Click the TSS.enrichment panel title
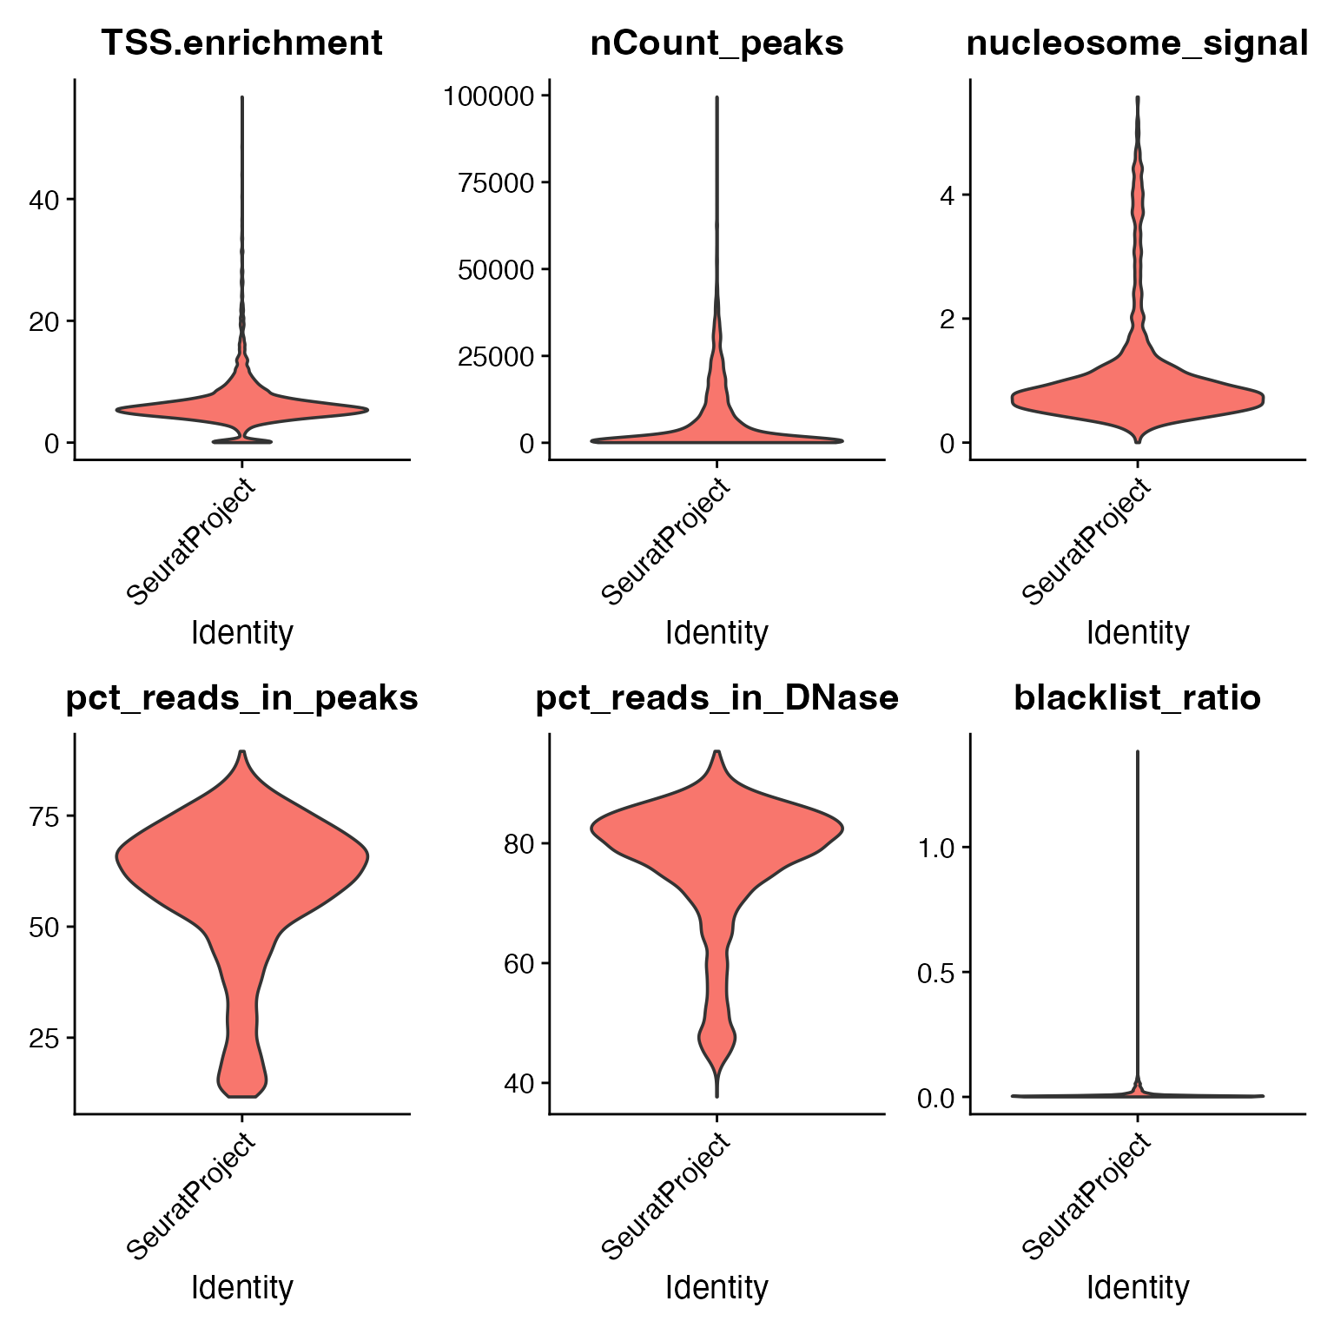[x=241, y=43]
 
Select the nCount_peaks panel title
[x=717, y=43]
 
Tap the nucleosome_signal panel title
[x=1137, y=43]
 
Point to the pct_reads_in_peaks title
[x=241, y=697]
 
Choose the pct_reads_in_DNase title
[x=717, y=697]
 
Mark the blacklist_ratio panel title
[x=1137, y=697]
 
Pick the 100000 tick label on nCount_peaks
[x=487, y=96]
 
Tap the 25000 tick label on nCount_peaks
[x=493, y=356]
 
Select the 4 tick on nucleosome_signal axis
[x=948, y=195]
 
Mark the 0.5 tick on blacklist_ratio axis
[x=936, y=973]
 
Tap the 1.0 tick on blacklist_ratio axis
[x=936, y=848]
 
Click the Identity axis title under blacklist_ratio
[x=1137, y=1286]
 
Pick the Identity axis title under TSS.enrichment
[x=241, y=632]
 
